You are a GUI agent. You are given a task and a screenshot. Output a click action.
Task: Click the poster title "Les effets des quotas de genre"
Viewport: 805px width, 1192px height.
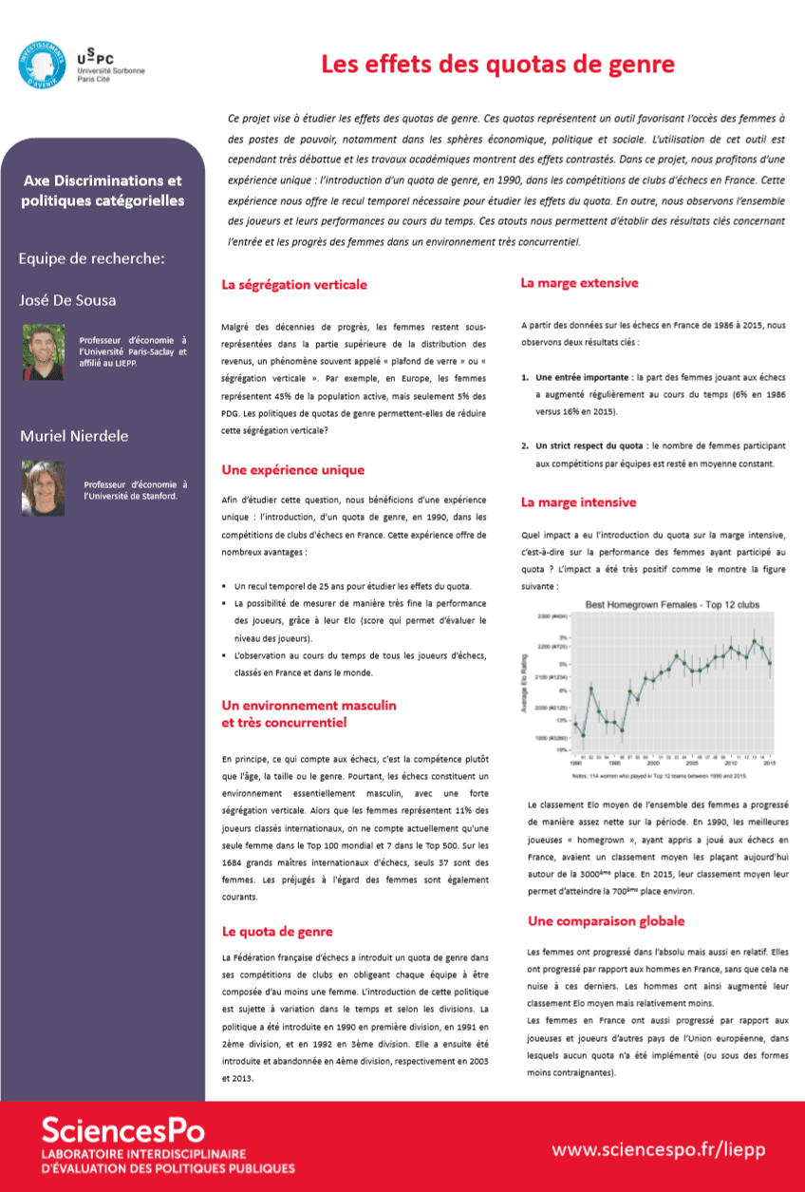tap(497, 66)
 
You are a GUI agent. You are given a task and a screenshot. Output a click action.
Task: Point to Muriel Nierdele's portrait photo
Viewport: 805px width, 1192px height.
tap(44, 488)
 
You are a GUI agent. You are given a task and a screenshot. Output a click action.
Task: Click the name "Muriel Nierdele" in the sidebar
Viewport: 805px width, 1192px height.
tap(75, 436)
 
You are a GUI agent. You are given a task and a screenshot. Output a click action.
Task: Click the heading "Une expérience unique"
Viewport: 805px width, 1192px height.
tap(292, 469)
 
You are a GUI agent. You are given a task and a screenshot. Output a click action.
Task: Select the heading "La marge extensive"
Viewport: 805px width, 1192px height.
tap(580, 283)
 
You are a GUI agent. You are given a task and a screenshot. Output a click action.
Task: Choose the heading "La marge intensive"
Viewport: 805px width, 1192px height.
tap(578, 501)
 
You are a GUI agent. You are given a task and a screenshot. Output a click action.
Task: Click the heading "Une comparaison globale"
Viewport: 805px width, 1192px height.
tap(606, 920)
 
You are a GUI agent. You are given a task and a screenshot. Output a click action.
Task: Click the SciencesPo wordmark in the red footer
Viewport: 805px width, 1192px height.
tap(122, 1129)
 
